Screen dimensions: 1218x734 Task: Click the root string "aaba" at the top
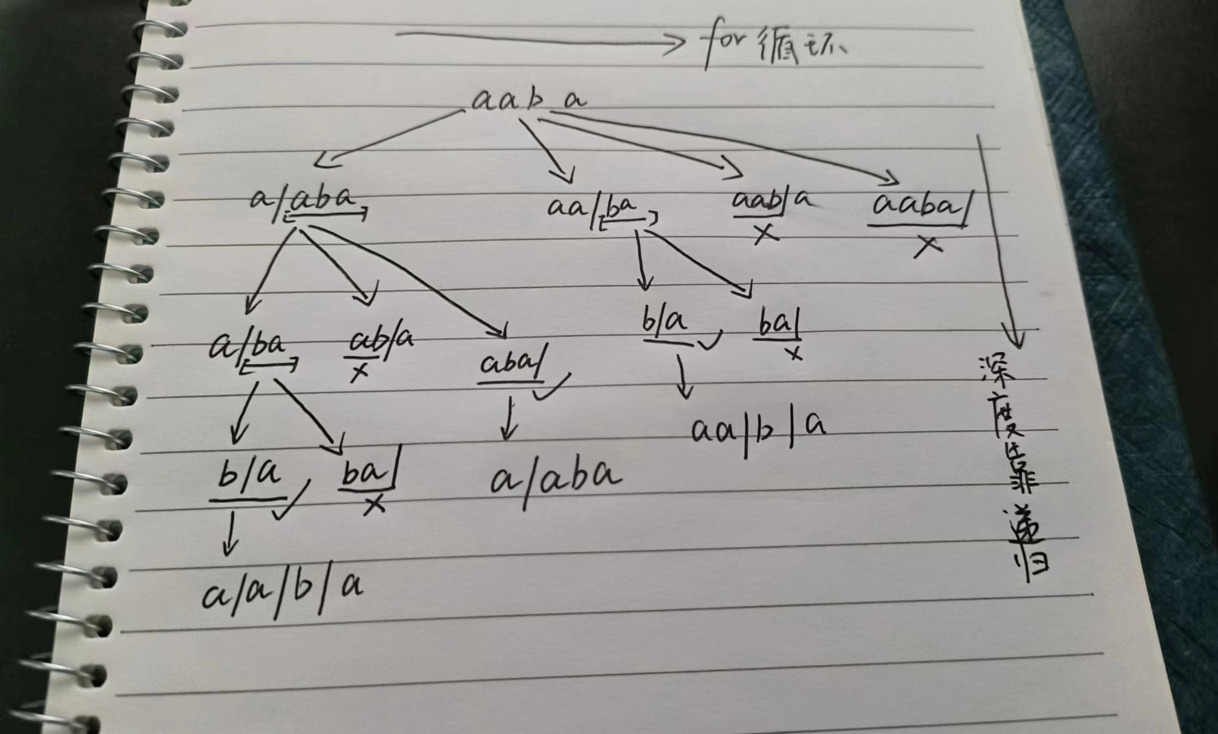point(528,101)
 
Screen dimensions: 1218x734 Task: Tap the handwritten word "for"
point(724,45)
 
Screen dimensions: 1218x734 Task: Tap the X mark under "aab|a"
point(764,233)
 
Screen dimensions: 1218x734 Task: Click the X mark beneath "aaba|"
point(927,246)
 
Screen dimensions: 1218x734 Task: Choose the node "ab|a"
point(381,341)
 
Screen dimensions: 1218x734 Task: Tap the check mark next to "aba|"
point(552,388)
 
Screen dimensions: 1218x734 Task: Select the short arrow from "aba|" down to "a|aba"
point(507,419)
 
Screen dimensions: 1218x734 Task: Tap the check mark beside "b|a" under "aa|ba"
point(709,341)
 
